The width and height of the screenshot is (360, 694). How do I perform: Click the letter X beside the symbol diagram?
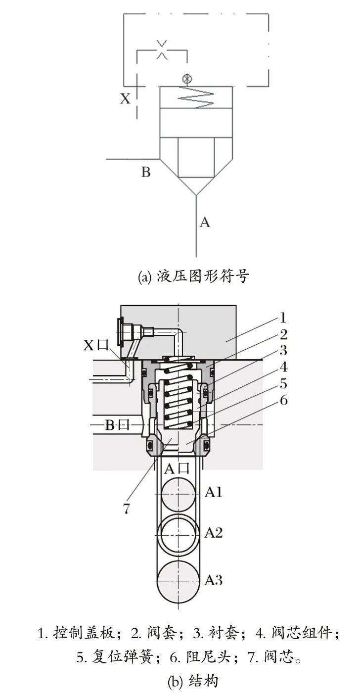point(125,98)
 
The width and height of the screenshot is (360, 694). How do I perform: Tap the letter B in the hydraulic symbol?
point(146,172)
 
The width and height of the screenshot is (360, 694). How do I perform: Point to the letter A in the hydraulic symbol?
point(205,222)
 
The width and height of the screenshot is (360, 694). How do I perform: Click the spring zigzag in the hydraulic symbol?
point(196,97)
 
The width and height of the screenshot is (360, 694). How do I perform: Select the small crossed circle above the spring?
point(187,79)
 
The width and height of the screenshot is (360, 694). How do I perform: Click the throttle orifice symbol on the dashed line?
point(162,49)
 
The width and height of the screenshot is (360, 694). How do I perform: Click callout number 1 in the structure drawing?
point(282,318)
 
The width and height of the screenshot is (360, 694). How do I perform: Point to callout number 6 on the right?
point(283,400)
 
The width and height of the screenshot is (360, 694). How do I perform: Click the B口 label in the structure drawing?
point(117,425)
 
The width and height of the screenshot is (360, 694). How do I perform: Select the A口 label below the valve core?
point(177,468)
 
